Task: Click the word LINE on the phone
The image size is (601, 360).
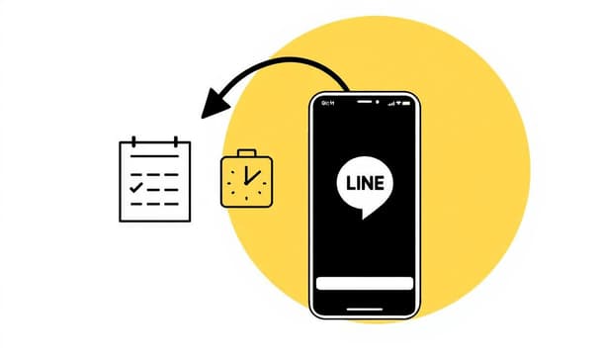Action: (364, 183)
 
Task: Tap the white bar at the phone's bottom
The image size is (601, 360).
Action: (364, 284)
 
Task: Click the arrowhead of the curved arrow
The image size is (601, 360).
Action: (211, 106)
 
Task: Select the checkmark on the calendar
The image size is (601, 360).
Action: (136, 186)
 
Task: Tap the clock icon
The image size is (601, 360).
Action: (245, 179)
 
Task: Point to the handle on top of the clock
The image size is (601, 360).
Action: (245, 153)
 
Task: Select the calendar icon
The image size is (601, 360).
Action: (154, 181)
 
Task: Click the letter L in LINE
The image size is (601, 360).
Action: (347, 183)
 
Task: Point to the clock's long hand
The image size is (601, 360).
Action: (251, 175)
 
